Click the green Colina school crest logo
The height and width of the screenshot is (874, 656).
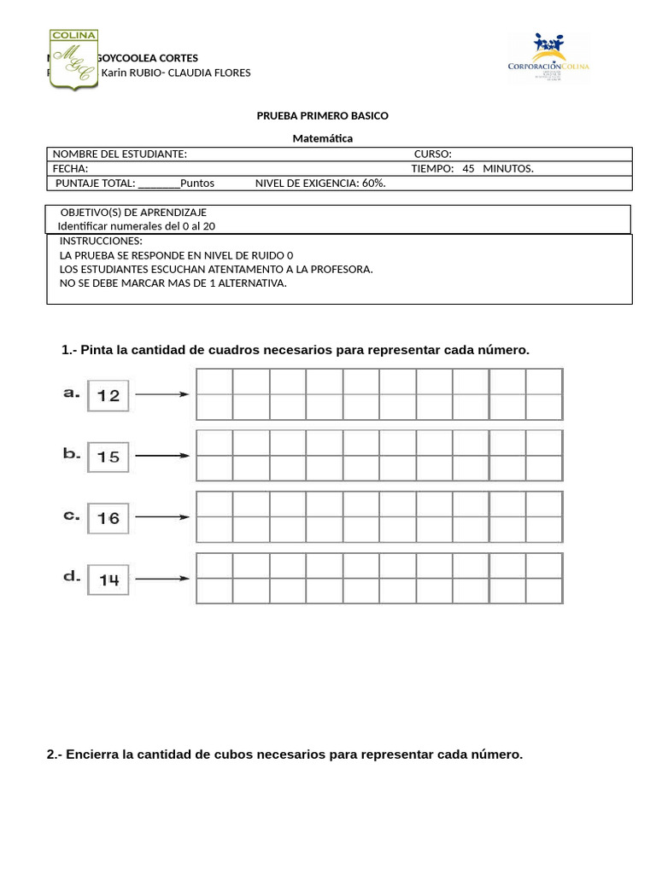point(73,59)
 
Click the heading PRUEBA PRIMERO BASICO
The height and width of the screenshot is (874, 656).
point(322,115)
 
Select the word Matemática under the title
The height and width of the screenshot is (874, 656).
point(322,138)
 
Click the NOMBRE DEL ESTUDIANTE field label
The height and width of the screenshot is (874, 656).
point(120,154)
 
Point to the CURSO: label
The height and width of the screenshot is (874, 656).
point(432,154)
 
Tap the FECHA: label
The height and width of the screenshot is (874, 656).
point(71,168)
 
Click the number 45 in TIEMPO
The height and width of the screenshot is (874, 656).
point(468,168)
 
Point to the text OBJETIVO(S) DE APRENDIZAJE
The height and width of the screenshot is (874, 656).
point(133,213)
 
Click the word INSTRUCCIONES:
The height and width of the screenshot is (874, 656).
point(101,242)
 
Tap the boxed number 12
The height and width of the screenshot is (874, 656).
point(108,395)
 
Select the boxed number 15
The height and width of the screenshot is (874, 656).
point(108,457)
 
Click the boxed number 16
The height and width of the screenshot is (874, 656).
point(108,518)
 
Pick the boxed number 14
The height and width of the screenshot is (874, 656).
point(108,580)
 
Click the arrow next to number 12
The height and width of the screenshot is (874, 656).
point(162,394)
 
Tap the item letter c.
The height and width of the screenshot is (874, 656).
point(72,516)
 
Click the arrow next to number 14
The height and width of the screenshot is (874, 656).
point(162,579)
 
